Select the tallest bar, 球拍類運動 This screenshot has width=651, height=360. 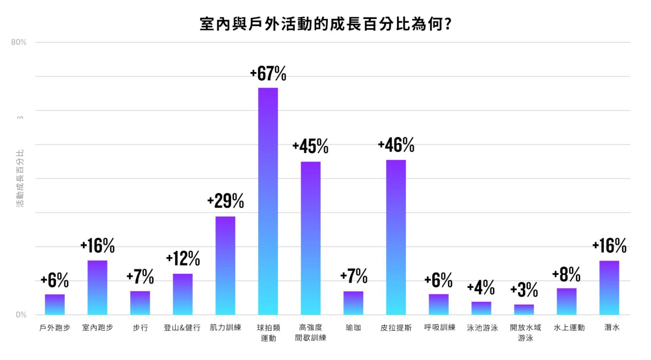(x=268, y=201)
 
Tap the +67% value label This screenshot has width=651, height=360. (x=268, y=74)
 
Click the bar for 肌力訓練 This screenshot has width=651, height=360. (x=225, y=265)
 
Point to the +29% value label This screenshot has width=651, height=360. (x=225, y=202)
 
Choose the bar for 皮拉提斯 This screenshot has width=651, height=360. (x=396, y=237)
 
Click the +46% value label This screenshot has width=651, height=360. (x=396, y=145)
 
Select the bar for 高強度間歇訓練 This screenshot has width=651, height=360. (x=311, y=238)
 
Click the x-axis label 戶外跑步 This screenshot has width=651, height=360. (x=55, y=328)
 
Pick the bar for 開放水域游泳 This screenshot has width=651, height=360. (x=524, y=310)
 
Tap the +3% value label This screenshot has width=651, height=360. (x=524, y=291)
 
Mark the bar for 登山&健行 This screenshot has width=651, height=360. (x=183, y=294)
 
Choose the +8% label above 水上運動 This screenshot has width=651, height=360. (x=566, y=275)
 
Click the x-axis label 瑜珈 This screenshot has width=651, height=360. (x=353, y=328)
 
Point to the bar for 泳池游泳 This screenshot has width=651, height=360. (x=481, y=308)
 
